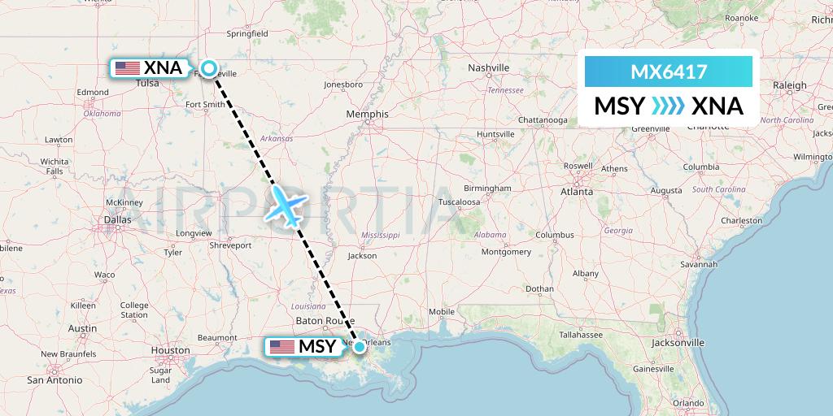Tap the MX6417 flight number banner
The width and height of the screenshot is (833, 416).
click(x=668, y=72)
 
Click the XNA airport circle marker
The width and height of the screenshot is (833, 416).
click(x=210, y=69)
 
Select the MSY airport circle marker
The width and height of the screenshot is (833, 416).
click(x=359, y=346)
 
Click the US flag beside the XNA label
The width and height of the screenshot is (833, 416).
click(x=128, y=68)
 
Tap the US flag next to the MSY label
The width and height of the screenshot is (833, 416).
click(x=282, y=347)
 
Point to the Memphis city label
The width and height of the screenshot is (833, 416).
click(x=368, y=115)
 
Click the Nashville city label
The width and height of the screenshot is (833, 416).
click(x=488, y=67)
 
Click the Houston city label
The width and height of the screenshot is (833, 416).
click(x=170, y=351)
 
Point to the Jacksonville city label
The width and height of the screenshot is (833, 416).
click(x=677, y=343)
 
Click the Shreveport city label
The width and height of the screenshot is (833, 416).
click(x=231, y=245)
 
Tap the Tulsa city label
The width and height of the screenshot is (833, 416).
click(x=148, y=83)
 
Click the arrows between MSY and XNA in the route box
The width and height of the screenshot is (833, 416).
click(x=668, y=106)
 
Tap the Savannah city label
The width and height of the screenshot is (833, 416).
click(x=700, y=264)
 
